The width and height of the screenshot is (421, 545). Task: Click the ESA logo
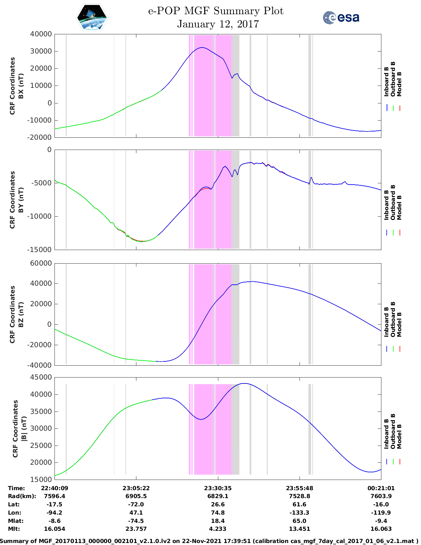[x=341, y=18]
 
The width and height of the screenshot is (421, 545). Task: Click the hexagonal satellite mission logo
[x=92, y=18]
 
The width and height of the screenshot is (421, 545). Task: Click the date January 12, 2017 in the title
[x=218, y=24]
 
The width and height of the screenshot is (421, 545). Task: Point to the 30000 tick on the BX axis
[x=41, y=51]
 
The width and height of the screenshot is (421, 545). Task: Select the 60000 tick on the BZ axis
[x=41, y=263]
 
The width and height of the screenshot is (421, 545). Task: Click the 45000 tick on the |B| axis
[x=41, y=377]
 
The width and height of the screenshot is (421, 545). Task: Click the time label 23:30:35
[x=218, y=488]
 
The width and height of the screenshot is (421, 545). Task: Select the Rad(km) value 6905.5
[x=136, y=496]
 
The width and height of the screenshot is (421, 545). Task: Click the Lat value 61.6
[x=299, y=504]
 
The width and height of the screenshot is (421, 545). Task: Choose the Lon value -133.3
[x=299, y=513]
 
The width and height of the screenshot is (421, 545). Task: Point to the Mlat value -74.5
[x=136, y=521]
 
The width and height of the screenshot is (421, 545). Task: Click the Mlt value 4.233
[x=218, y=529]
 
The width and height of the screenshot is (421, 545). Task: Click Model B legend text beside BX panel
[x=399, y=84]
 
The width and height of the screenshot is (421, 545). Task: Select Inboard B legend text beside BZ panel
[x=386, y=322]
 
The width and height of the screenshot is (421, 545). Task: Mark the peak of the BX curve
[x=202, y=48]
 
